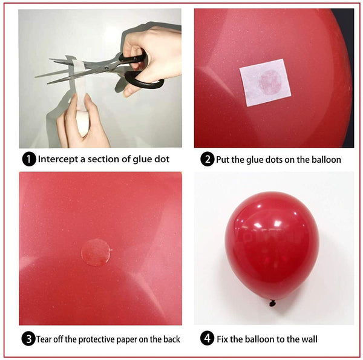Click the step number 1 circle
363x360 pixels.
pos(28,160)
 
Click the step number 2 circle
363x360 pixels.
pos(208,160)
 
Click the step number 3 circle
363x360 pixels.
pos(28,339)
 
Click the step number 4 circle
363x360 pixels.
pos(208,339)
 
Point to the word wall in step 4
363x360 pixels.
pos(308,339)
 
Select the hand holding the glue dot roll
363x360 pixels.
pos(82,124)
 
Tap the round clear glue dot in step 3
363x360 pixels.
pos(96,252)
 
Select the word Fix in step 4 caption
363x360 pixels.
pos(224,339)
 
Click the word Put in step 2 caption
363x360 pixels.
pos(224,160)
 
